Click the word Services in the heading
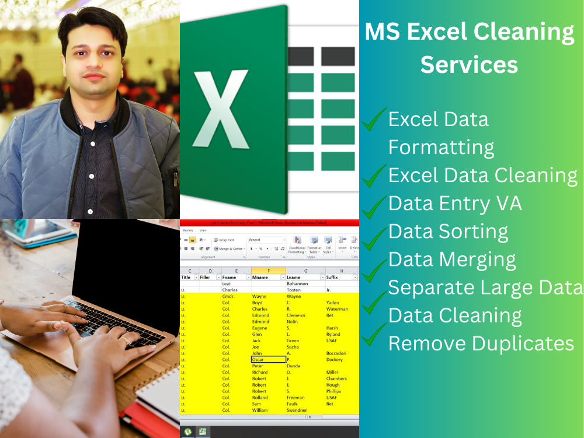tap(469, 64)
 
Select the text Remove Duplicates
tap(481, 343)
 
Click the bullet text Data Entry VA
tap(455, 203)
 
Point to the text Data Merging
tap(452, 259)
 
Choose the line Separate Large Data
tap(485, 287)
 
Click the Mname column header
tap(260, 277)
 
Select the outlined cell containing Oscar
tap(268, 360)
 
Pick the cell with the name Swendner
tap(300, 410)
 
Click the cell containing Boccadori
tap(338, 353)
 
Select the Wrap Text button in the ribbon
tap(224, 240)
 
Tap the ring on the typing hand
tap(125, 340)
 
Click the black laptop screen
tap(126, 263)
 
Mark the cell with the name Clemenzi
tap(297, 315)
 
